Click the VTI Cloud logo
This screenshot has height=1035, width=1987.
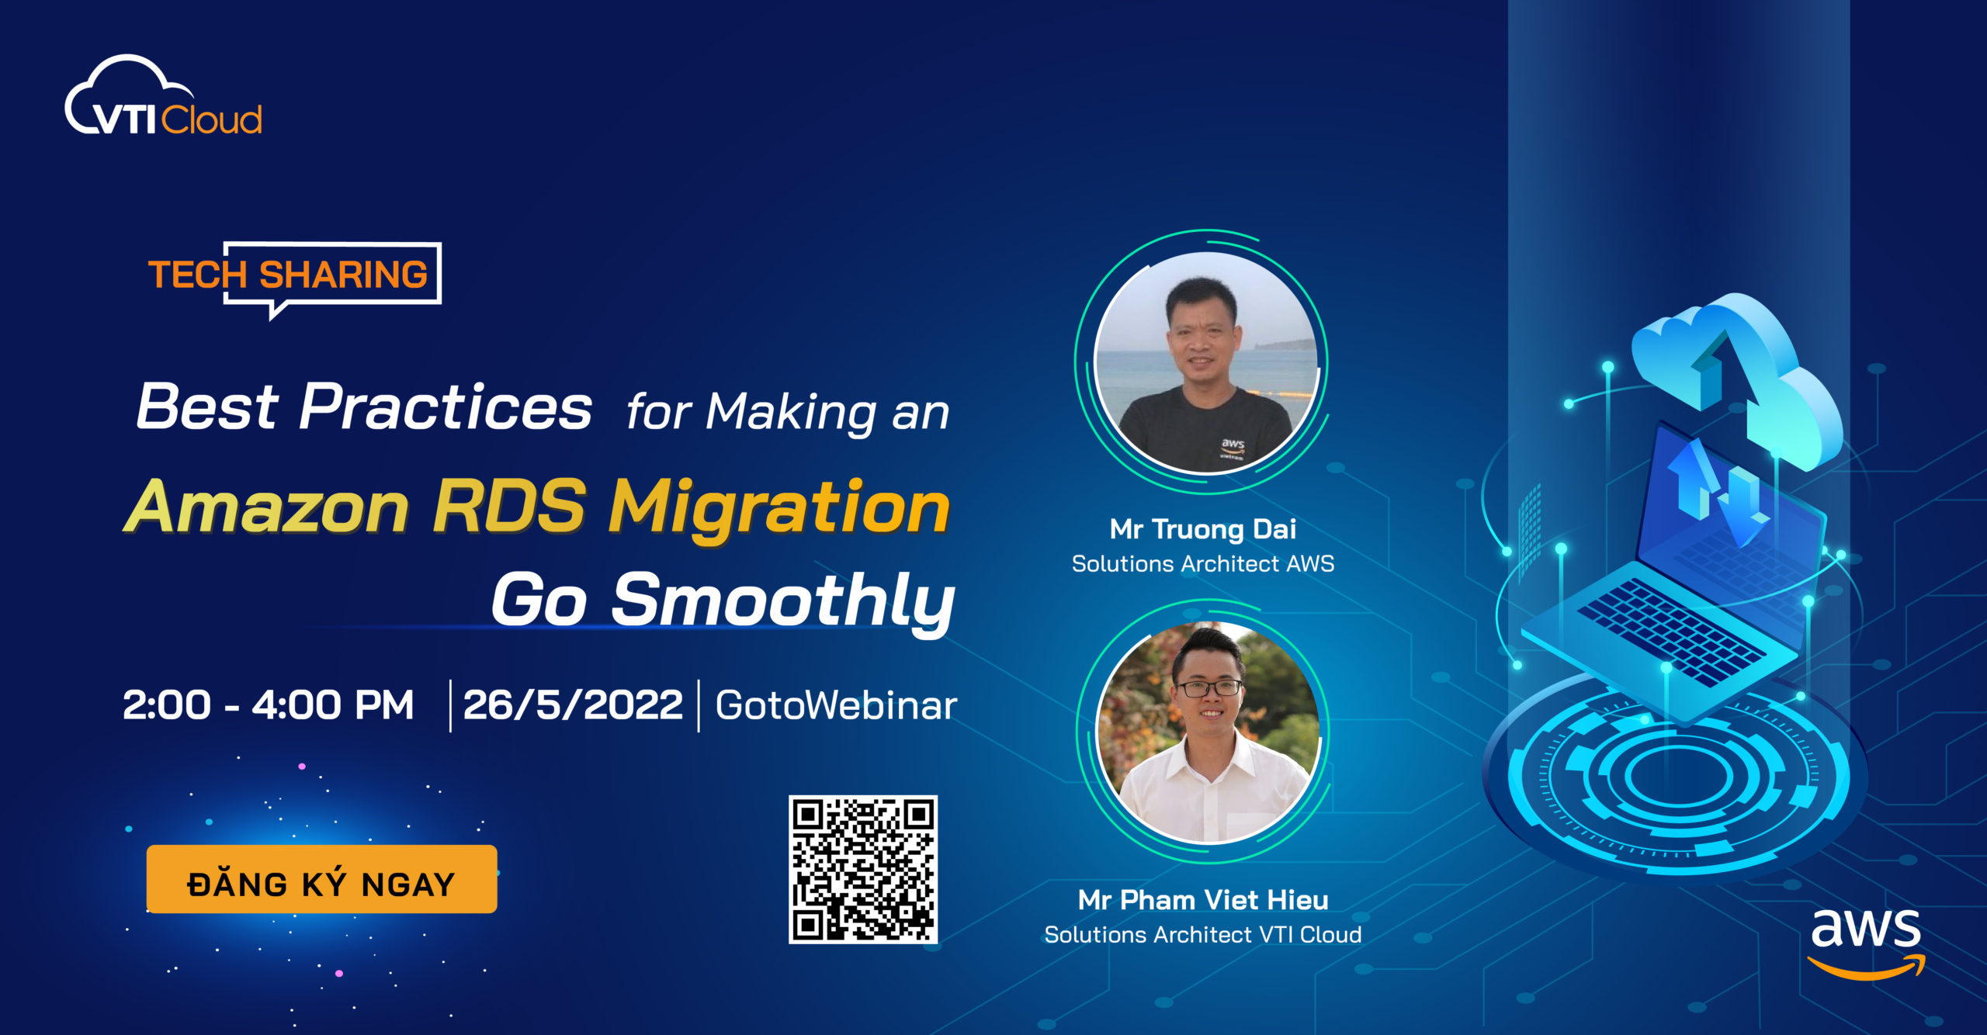pyautogui.click(x=164, y=98)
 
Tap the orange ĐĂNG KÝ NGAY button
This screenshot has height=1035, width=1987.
pyautogui.click(x=321, y=879)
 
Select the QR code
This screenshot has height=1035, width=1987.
pyautogui.click(x=863, y=870)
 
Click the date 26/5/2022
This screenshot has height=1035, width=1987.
pyautogui.click(x=573, y=705)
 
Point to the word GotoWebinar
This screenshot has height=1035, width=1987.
pyautogui.click(x=836, y=705)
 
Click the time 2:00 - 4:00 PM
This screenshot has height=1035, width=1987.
pyautogui.click(x=268, y=705)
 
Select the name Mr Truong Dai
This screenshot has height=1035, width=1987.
pyautogui.click(x=1202, y=529)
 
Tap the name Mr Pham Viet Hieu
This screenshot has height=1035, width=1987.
pyautogui.click(x=1203, y=900)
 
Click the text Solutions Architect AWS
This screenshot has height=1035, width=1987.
pyautogui.click(x=1203, y=564)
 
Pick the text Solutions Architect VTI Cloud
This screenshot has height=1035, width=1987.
pyautogui.click(x=1203, y=935)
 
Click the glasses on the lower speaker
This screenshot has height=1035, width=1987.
pyautogui.click(x=1209, y=687)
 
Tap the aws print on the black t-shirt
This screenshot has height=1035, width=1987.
pyautogui.click(x=1233, y=446)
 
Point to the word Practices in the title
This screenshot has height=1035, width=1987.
pyautogui.click(x=446, y=407)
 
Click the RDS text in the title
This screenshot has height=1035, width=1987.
pyautogui.click(x=508, y=507)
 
